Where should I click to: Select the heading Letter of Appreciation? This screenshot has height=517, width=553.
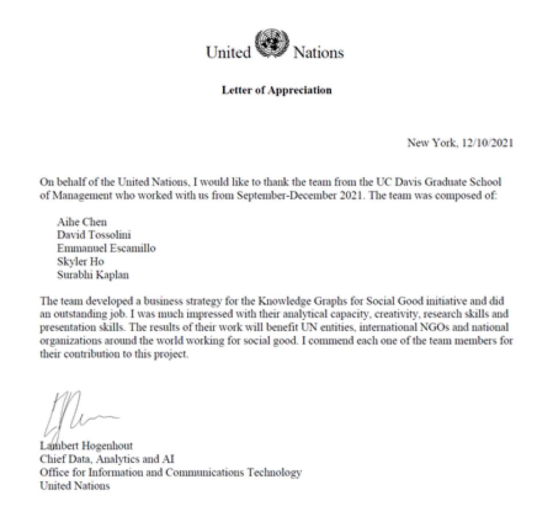276,90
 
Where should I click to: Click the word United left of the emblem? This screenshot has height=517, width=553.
229,53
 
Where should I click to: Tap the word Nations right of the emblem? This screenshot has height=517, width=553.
319,53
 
